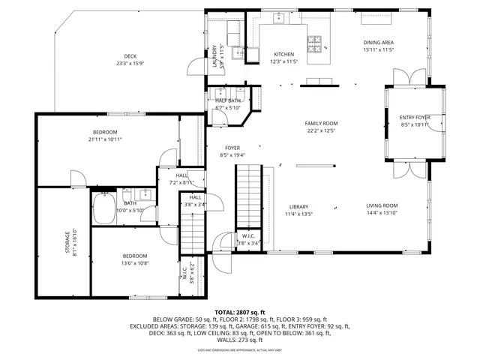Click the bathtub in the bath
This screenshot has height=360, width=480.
(106, 209)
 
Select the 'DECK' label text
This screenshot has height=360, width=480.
(130, 56)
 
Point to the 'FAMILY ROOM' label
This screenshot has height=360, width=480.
(321, 123)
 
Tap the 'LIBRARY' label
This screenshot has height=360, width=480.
(299, 207)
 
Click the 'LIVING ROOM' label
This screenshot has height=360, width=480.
(382, 205)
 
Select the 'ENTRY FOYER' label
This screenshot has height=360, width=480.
(414, 117)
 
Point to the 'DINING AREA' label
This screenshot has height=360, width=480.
(379, 43)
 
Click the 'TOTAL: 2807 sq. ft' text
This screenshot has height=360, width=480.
(240, 311)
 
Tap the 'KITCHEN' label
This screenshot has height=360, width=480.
(283, 54)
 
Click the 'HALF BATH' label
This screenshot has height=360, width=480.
(228, 100)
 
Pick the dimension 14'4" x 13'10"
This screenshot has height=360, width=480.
(382, 214)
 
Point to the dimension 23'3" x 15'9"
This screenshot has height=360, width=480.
(130, 64)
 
